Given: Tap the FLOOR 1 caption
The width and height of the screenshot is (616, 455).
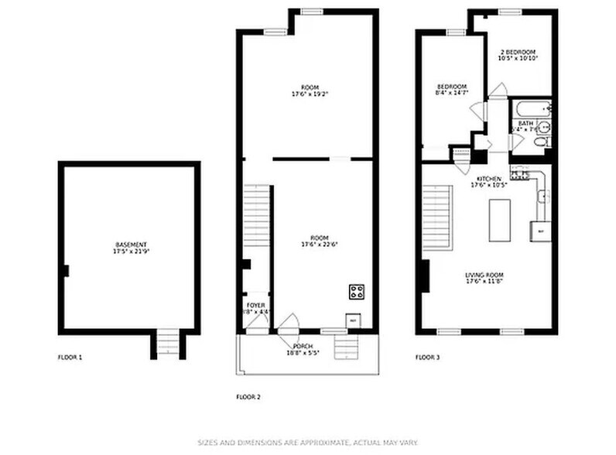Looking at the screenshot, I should click(70, 357).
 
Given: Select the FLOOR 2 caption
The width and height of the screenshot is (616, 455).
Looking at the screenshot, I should click(248, 397).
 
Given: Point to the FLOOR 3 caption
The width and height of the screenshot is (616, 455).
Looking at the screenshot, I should click(427, 357).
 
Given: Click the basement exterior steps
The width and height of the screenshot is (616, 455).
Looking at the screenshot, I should click(167, 343).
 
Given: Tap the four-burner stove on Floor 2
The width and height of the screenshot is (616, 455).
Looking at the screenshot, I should click(357, 292).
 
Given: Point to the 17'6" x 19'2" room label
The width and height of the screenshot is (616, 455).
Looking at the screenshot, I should click(310, 91).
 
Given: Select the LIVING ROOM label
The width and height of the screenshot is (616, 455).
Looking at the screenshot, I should click(484, 279).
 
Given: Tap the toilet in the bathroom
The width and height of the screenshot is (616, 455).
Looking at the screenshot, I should click(542, 141).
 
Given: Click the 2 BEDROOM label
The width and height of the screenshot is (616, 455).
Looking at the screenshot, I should click(517, 55).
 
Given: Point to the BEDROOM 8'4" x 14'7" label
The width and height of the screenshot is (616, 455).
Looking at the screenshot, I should click(451, 90).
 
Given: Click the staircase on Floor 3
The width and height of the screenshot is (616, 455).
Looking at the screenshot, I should click(437, 219).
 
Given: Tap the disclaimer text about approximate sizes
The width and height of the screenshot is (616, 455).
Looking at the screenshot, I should click(307, 443).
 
